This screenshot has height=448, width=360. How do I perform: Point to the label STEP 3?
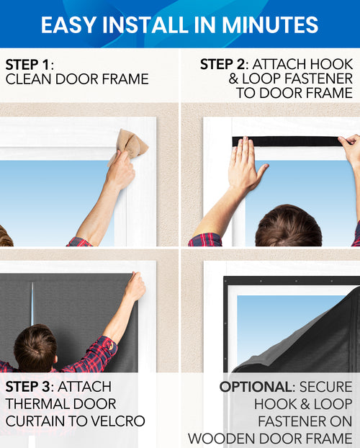click(32, 387)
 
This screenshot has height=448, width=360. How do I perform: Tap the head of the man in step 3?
click(35, 348)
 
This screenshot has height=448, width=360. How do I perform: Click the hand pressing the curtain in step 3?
click(134, 287)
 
